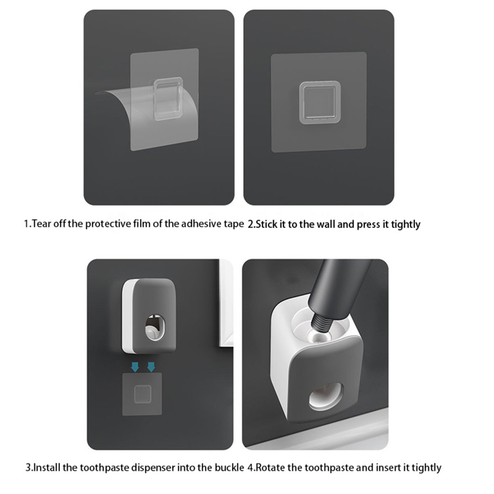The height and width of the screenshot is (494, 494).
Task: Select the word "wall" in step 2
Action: tap(325, 224)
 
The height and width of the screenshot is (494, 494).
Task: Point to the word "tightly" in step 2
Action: tap(406, 224)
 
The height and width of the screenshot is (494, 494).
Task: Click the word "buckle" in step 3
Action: tap(229, 467)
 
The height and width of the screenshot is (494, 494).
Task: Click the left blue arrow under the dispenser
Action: tap(135, 367)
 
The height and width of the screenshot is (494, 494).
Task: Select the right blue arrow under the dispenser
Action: tap(151, 367)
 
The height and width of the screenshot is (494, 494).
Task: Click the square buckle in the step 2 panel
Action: tap(320, 103)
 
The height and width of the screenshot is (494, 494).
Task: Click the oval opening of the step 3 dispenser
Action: tap(155, 328)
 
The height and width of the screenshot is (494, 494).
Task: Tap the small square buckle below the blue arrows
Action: tap(142, 394)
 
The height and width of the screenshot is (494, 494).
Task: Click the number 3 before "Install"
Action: tap(27, 468)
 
